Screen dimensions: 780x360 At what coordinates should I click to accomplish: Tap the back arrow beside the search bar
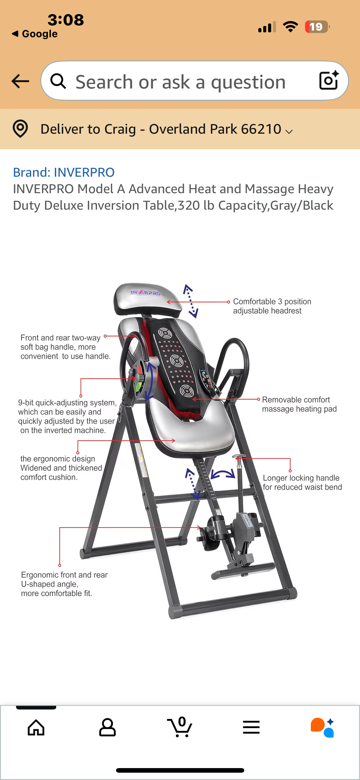coord(20,81)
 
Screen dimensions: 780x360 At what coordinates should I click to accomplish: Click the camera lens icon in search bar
coord(329,81)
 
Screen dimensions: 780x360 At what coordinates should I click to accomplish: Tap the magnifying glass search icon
coord(58,81)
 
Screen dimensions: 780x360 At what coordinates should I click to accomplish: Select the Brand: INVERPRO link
coord(64,172)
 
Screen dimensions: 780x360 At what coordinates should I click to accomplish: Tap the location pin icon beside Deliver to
coord(20,129)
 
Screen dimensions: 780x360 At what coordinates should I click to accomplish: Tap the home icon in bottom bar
coord(36,728)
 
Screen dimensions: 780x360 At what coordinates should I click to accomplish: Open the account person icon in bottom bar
coord(107,728)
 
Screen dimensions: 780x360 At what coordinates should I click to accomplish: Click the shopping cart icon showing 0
coord(180,728)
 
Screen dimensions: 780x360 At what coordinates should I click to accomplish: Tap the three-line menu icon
coord(251,728)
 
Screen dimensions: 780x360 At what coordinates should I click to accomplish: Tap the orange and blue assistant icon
coord(322,728)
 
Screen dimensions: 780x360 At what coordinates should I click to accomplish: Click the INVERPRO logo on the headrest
coord(145,293)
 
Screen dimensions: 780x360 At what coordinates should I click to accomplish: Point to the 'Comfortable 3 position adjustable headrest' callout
coord(272,306)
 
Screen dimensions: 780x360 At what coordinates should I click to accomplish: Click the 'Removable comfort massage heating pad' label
coord(299,404)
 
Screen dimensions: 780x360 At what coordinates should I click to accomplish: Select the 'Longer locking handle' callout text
coord(302,482)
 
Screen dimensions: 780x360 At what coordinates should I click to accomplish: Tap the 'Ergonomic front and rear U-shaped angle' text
coord(64,584)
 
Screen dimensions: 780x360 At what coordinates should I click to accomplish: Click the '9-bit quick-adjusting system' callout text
coord(67,417)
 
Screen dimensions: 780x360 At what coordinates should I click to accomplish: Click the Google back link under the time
coord(35,34)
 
